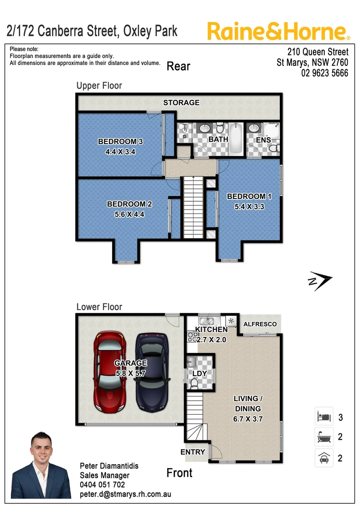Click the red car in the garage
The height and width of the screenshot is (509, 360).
click(x=110, y=372)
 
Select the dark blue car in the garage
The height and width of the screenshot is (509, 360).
click(x=152, y=372)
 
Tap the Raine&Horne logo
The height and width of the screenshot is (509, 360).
click(x=278, y=31)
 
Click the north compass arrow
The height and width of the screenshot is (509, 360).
click(x=320, y=281)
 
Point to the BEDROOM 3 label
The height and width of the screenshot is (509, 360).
click(x=120, y=141)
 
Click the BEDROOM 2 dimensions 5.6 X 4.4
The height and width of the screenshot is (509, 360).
click(x=129, y=213)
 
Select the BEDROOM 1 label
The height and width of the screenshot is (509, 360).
click(x=246, y=197)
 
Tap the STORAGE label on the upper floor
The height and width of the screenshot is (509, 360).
click(x=181, y=102)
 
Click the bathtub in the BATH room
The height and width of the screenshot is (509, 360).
click(x=237, y=139)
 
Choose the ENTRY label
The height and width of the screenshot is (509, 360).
click(x=193, y=452)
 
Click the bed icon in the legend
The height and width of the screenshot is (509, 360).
click(x=324, y=417)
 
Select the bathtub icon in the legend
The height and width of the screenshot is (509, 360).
click(x=324, y=437)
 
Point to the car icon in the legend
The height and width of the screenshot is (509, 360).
click(x=324, y=457)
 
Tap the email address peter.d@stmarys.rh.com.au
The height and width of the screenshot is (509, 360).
click(x=125, y=494)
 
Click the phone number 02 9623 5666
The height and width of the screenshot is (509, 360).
click(x=325, y=73)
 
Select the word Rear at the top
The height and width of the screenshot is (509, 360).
click(x=179, y=66)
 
